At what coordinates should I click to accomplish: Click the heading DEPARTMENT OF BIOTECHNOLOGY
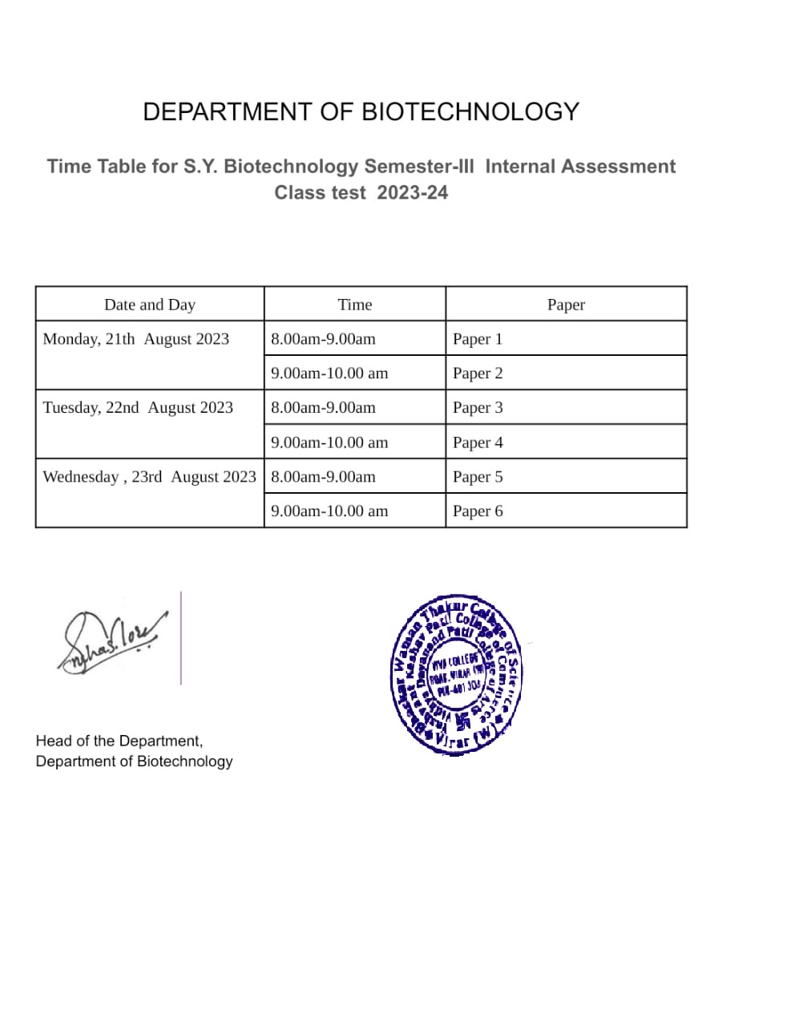pyautogui.click(x=361, y=111)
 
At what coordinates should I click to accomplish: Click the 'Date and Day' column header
pyautogui.click(x=150, y=305)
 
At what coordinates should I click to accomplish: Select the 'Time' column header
pyautogui.click(x=355, y=305)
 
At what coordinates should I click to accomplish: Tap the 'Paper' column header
pyautogui.click(x=566, y=305)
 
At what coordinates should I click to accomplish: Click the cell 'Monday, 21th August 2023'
pyautogui.click(x=136, y=339)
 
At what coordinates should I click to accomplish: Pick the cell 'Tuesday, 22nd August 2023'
pyautogui.click(x=138, y=408)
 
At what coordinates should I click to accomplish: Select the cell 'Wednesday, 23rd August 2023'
pyautogui.click(x=149, y=477)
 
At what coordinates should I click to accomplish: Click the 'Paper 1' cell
pyautogui.click(x=478, y=339)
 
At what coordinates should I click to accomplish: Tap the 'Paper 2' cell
pyautogui.click(x=478, y=374)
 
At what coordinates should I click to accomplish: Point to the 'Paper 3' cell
pyautogui.click(x=478, y=408)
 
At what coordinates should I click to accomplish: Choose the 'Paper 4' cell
pyautogui.click(x=478, y=442)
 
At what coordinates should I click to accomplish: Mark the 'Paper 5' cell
pyautogui.click(x=478, y=477)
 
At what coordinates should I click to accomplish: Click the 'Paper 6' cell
pyautogui.click(x=478, y=511)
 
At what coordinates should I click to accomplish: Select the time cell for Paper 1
pyautogui.click(x=323, y=339)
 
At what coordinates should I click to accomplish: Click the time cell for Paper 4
pyautogui.click(x=329, y=442)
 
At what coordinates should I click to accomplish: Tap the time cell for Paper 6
pyautogui.click(x=329, y=511)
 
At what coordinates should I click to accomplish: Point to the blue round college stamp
pyautogui.click(x=457, y=675)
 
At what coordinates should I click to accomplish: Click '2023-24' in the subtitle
pyautogui.click(x=413, y=193)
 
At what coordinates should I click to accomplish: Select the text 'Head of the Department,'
pyautogui.click(x=119, y=741)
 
